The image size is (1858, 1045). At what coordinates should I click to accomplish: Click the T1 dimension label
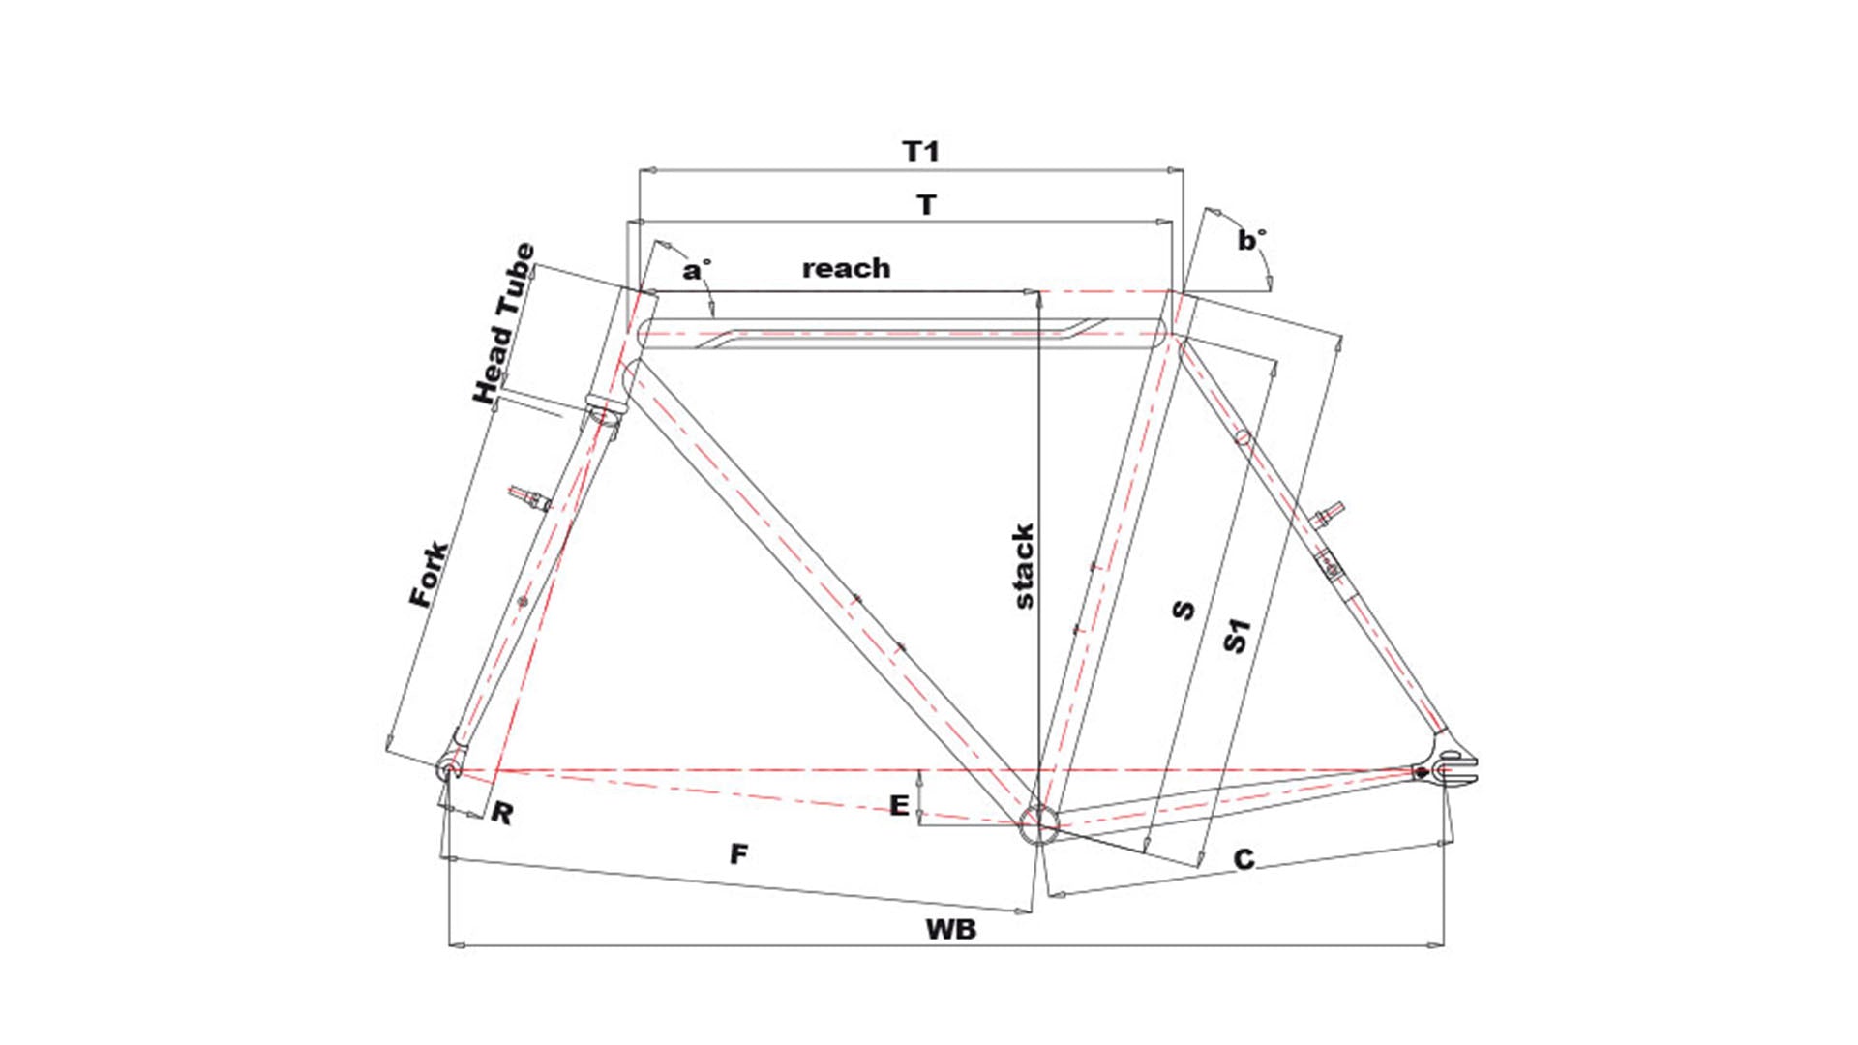tap(920, 151)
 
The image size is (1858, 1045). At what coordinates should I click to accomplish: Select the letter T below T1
tap(927, 205)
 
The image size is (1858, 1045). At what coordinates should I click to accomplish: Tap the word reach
tap(846, 268)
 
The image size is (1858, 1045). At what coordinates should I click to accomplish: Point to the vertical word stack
tap(1023, 567)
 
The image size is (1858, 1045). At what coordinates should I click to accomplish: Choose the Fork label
tap(428, 574)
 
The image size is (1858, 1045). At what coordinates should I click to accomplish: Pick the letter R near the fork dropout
tap(501, 813)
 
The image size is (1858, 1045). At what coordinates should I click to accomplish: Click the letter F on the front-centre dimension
tap(738, 854)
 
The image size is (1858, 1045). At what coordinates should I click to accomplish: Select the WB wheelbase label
tap(950, 929)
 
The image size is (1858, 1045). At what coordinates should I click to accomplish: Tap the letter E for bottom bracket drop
tap(899, 805)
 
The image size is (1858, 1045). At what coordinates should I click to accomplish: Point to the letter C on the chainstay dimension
tap(1244, 859)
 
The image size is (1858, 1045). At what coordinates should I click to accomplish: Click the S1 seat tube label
tap(1237, 636)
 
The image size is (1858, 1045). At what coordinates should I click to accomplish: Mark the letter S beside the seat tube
tap(1183, 610)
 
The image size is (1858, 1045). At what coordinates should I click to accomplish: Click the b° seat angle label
tap(1251, 240)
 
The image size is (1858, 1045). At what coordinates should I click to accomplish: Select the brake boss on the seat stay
tap(1326, 513)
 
